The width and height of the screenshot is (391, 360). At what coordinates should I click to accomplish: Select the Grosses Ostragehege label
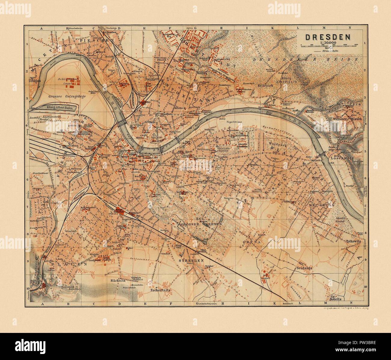tap(62, 97)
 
